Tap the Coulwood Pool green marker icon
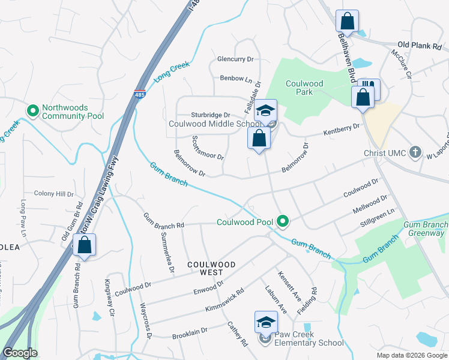[x=283, y=222]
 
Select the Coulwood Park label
[x=304, y=88]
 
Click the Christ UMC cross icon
[x=415, y=152]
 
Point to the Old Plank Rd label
[x=420, y=46]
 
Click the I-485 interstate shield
[x=139, y=95]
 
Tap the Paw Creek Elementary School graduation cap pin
[x=266, y=323]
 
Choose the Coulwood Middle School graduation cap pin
[x=265, y=111]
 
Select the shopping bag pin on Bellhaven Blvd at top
[x=347, y=22]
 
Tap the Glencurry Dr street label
[x=236, y=59]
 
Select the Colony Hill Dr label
[x=53, y=194]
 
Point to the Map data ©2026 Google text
[x=411, y=355]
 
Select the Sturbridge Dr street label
[x=211, y=115]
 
